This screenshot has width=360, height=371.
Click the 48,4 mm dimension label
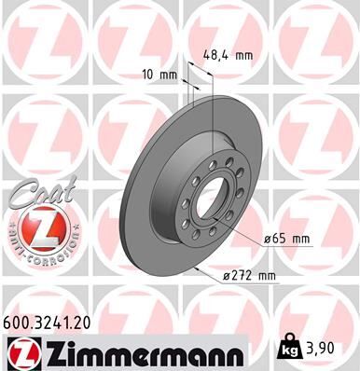(x=228, y=55)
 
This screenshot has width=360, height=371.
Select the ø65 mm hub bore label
(x=286, y=240)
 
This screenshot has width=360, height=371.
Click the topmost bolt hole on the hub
(x=219, y=162)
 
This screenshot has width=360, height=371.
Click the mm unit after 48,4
(x=243, y=55)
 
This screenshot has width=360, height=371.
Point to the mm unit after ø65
(x=300, y=240)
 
